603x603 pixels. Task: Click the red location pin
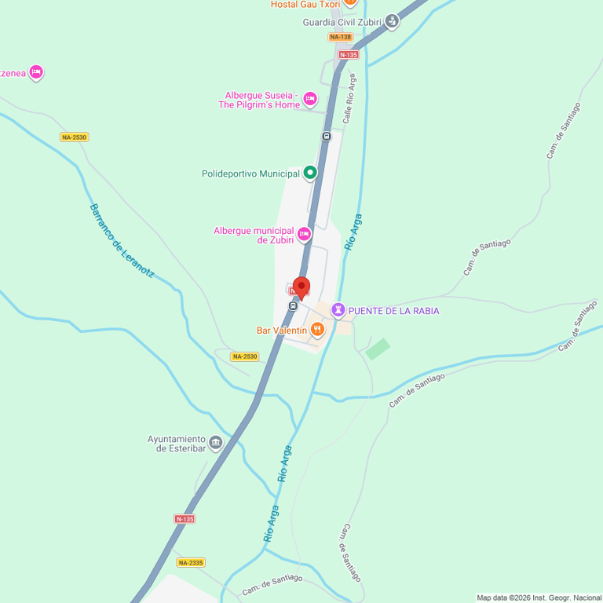point(301,287)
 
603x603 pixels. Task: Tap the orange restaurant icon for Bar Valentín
point(318,331)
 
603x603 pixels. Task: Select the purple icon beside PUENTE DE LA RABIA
point(338,310)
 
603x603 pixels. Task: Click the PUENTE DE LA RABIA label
point(393,311)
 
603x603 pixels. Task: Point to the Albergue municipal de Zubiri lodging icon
point(304,235)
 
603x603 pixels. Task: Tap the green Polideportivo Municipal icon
point(310,173)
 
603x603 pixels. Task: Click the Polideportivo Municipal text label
point(250,174)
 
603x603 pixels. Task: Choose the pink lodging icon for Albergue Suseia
point(310,99)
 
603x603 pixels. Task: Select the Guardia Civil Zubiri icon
point(392,22)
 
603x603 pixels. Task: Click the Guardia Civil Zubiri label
point(342,22)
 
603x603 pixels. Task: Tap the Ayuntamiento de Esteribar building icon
point(216,443)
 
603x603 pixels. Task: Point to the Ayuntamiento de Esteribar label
point(177,444)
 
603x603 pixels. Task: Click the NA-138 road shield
point(340,37)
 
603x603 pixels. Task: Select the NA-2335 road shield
point(190,562)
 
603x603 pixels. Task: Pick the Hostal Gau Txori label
point(305,5)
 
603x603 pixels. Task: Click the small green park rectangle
point(378,349)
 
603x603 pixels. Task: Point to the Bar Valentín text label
point(282,331)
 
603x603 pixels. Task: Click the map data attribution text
point(539,598)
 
